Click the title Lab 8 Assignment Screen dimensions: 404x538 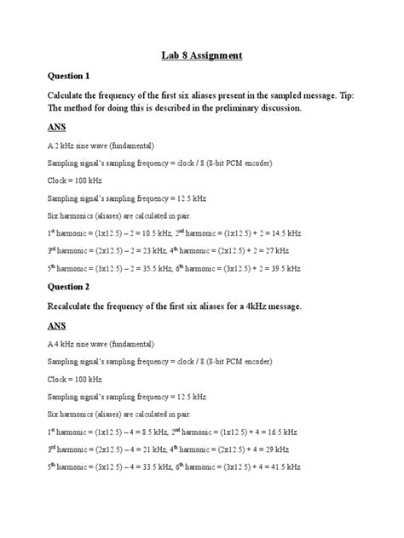click(202, 56)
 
